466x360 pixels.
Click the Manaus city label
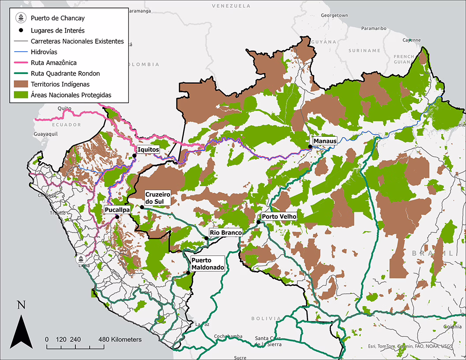coord(325,141)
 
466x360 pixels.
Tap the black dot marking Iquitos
coord(135,155)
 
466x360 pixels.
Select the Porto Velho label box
coord(279,217)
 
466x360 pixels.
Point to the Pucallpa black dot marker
coord(117,217)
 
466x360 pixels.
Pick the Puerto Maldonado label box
coord(208,264)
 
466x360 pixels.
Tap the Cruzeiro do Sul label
coord(158,198)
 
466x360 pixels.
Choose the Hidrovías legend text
coord(44,52)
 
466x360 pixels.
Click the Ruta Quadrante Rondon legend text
coord(65,73)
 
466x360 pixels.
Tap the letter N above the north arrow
coord(21,305)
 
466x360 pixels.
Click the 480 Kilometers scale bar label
coord(120,339)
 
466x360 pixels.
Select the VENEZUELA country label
coord(231,6)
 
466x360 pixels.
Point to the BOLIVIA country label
coord(266,318)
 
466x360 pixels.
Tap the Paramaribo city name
coord(374,28)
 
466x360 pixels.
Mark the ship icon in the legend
coord(20,18)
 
